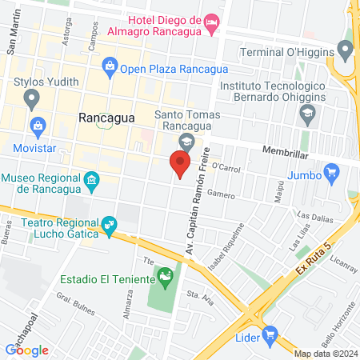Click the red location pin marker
coord(181,166)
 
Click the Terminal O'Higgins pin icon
coord(346,52)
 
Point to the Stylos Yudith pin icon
coord(32,100)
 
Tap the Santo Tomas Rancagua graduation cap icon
coord(186,142)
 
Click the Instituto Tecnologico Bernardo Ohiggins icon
coord(307,114)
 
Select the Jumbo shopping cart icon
coord(333,171)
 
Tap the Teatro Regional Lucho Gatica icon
coord(106,226)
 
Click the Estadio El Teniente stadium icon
coord(166,279)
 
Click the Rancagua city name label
coord(106,117)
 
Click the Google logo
coord(27,350)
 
